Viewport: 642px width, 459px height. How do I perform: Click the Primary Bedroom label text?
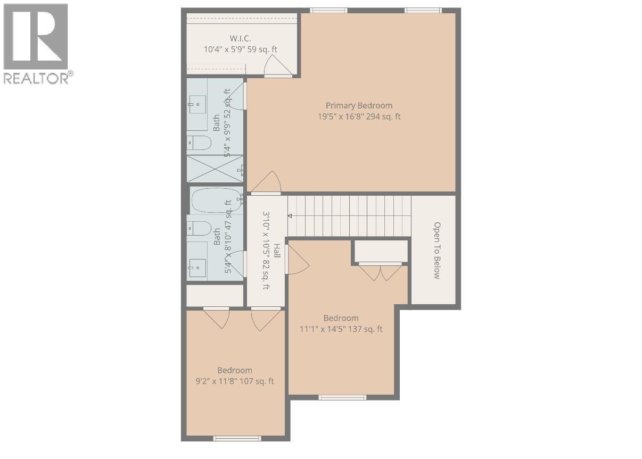tap(359, 105)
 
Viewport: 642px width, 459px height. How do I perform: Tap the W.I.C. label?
tap(240, 38)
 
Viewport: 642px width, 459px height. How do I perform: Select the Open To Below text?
tap(437, 250)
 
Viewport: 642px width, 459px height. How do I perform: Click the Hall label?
tap(277, 251)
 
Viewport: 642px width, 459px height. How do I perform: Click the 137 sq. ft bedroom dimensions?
tap(341, 329)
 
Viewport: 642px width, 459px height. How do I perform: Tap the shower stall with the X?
tap(215, 169)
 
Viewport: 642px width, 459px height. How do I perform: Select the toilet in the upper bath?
tap(199, 143)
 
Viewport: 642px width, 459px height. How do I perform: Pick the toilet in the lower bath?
tap(199, 228)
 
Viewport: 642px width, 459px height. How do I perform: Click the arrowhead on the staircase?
tap(290, 216)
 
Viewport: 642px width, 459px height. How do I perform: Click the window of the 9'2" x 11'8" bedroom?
tap(237, 438)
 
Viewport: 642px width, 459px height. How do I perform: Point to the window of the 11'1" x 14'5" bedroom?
tap(342, 397)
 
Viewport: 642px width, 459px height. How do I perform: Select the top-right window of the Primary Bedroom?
tap(423, 10)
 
